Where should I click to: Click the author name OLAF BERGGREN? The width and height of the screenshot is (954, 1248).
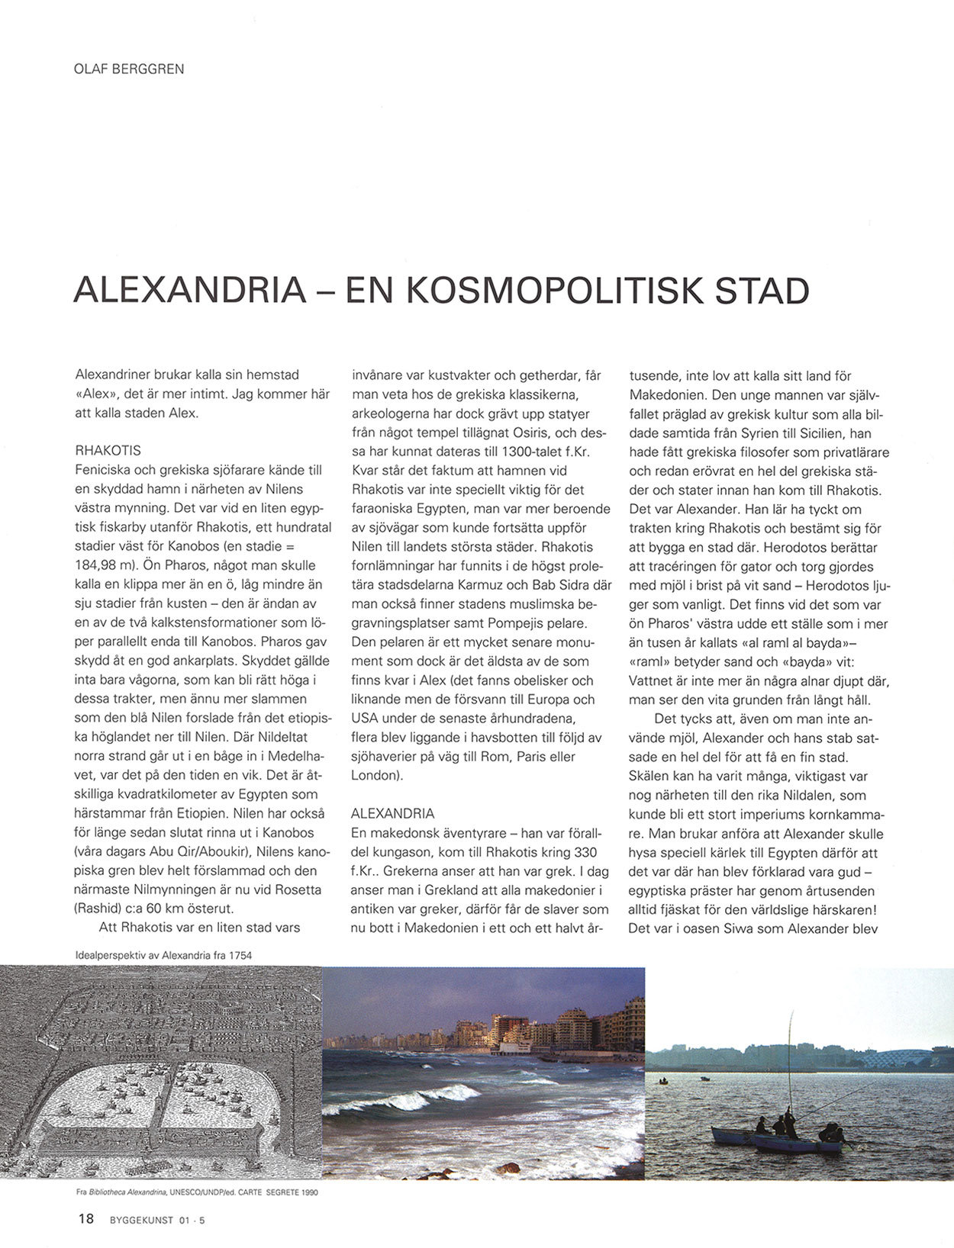[x=129, y=69]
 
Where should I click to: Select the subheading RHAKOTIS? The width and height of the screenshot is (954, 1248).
[x=108, y=451]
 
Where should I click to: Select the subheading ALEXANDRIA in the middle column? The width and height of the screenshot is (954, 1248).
[x=393, y=813]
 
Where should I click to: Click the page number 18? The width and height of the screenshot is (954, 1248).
[x=86, y=1219]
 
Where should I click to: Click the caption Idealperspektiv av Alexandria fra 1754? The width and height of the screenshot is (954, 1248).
[x=164, y=955]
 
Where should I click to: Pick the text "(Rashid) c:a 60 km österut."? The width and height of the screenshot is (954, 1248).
[x=153, y=909]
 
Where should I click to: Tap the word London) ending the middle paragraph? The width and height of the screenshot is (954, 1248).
[x=376, y=775]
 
